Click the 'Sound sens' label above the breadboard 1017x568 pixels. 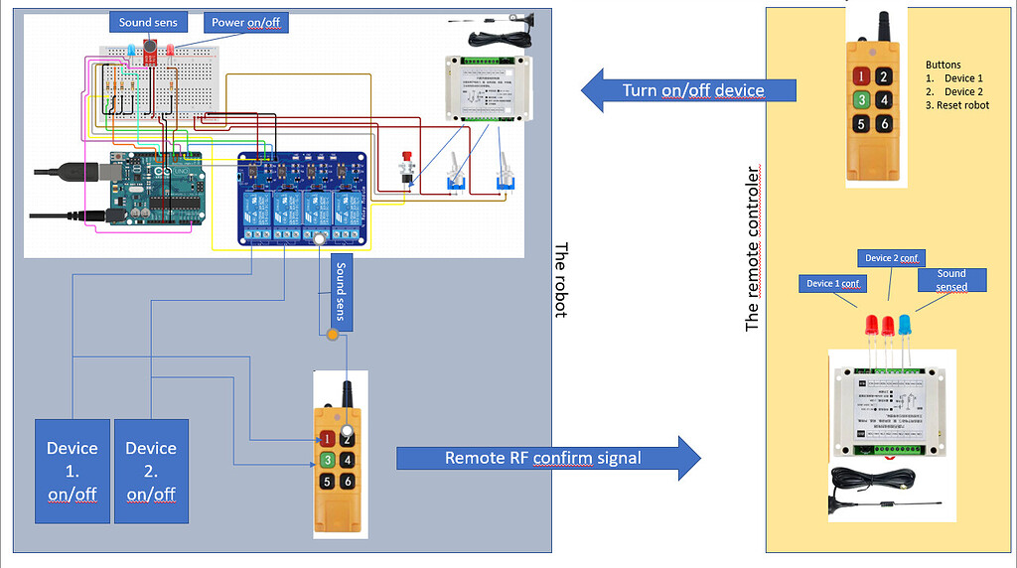(x=149, y=22)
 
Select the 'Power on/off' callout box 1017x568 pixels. (x=246, y=22)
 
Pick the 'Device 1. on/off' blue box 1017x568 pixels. (x=73, y=471)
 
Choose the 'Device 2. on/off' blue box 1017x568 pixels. (x=151, y=471)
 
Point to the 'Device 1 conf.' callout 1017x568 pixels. (x=832, y=284)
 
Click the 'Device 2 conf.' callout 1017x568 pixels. (x=890, y=258)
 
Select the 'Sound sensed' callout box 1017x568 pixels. (x=951, y=280)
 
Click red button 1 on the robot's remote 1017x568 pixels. (x=326, y=438)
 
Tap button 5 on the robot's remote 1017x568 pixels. (x=326, y=483)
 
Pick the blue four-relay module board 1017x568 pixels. (x=306, y=199)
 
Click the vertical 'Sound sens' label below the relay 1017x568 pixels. (x=340, y=289)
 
